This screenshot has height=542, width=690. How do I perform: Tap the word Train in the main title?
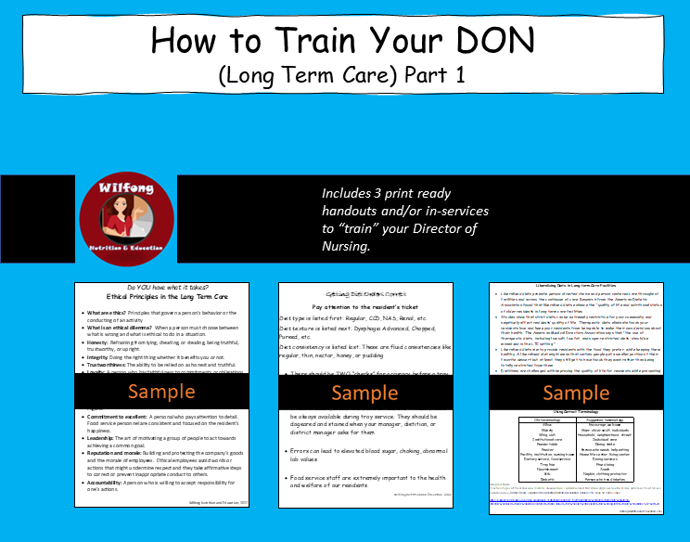pos(298,40)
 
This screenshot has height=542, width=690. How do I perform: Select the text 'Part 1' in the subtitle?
pos(442,78)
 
